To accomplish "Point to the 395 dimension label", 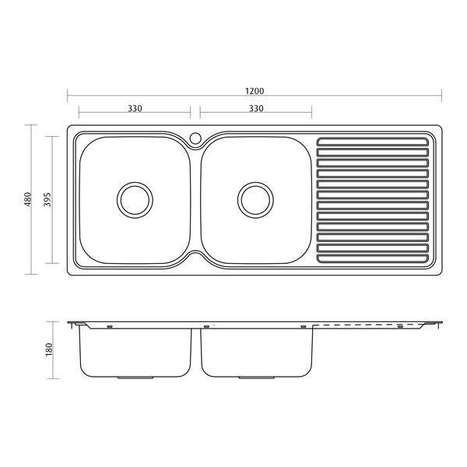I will (x=47, y=200).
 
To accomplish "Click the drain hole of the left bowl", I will (x=134, y=199).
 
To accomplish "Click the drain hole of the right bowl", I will (x=255, y=199).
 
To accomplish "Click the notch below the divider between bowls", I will (x=195, y=256).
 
